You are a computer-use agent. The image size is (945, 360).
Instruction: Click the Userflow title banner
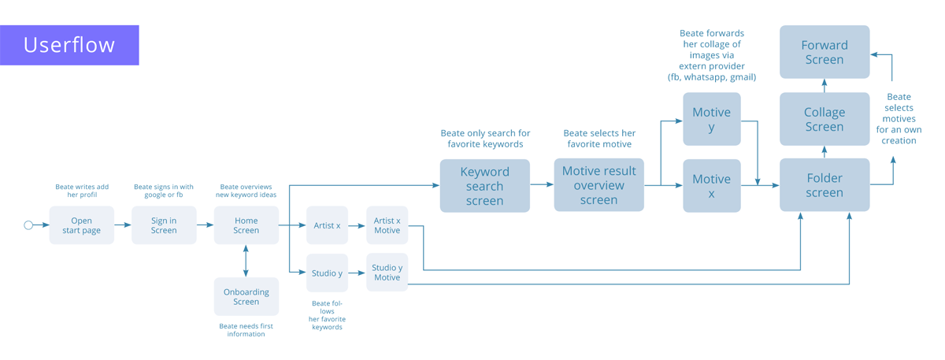[69, 45]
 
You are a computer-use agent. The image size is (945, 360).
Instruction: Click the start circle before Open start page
[28, 225]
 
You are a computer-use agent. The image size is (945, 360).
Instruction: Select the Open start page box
[82, 225]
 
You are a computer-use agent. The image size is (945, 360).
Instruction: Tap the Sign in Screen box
[164, 225]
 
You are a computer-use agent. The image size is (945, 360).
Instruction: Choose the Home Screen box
[246, 225]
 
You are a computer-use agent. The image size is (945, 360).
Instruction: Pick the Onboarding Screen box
[246, 297]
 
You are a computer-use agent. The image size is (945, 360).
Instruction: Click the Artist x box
[327, 225]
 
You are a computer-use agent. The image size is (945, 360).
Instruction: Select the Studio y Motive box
[387, 273]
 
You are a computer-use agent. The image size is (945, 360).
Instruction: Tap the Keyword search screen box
[484, 186]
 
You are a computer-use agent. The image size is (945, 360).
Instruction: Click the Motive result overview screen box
[598, 185]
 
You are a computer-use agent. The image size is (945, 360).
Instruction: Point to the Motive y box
[711, 119]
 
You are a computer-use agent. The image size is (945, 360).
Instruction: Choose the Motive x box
[711, 186]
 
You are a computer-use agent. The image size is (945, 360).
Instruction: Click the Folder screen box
[825, 185]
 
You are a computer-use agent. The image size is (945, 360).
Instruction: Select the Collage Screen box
[825, 119]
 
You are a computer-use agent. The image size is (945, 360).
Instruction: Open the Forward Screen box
[825, 52]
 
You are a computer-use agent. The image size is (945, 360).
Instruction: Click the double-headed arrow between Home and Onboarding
[246, 261]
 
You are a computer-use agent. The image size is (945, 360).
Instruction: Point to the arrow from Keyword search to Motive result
[542, 185]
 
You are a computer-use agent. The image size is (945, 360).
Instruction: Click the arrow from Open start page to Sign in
[123, 225]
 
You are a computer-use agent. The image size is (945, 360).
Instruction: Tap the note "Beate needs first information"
[246, 329]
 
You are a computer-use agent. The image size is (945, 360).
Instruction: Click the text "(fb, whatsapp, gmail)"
[711, 77]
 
